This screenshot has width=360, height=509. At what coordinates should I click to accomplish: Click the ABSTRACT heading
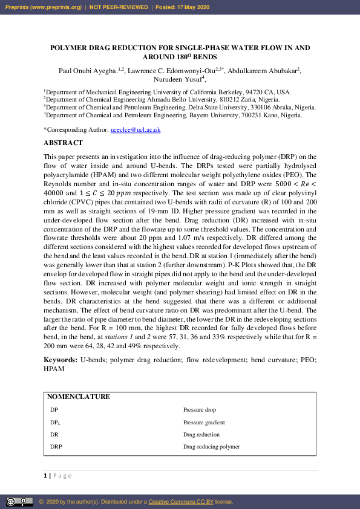click(x=63, y=143)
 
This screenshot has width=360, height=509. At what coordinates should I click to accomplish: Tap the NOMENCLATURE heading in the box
click(x=79, y=397)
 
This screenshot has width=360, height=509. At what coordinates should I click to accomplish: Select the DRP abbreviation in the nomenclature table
click(x=56, y=447)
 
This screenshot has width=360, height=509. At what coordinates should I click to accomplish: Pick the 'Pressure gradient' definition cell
click(x=204, y=423)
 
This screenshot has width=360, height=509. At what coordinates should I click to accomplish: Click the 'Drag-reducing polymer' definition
click(x=211, y=447)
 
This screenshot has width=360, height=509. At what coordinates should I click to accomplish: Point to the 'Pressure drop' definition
click(x=199, y=410)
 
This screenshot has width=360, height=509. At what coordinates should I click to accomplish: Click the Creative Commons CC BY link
click(x=180, y=502)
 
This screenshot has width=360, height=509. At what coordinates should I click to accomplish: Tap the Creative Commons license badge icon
click(x=19, y=502)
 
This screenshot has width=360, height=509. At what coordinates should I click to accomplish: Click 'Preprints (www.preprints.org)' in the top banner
click(x=42, y=7)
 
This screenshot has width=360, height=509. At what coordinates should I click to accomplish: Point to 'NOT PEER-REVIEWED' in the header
click(x=119, y=7)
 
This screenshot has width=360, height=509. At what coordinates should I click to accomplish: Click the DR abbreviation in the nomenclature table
click(x=54, y=435)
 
